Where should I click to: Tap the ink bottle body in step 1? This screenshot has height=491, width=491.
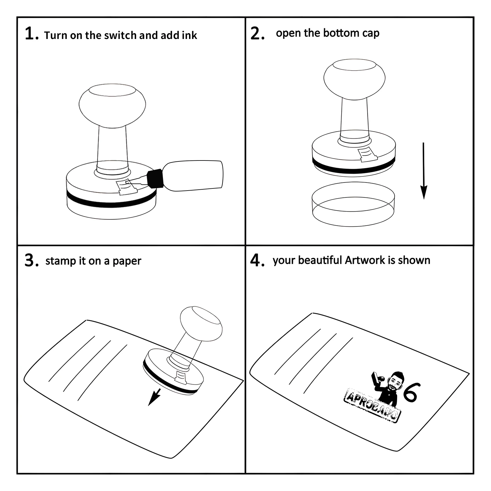pos(192,176)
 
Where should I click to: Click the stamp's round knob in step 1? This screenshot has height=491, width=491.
pos(112,106)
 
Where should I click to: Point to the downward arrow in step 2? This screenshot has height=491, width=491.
pos(424,171)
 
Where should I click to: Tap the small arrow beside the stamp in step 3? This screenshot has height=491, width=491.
pos(155,397)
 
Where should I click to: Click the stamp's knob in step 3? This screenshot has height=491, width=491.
pos(201,323)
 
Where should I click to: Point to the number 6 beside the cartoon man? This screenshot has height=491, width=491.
pos(411,392)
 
